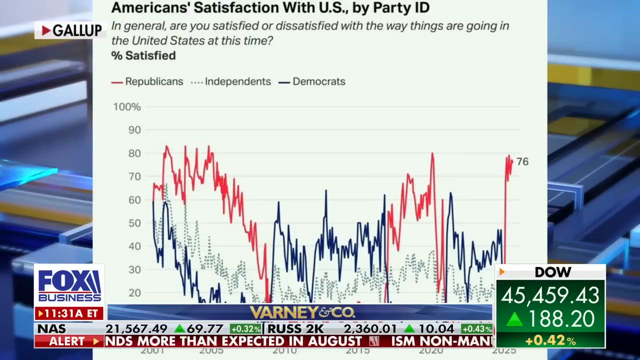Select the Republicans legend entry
(x=148, y=81)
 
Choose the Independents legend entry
(x=231, y=81)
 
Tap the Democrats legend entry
(x=312, y=81)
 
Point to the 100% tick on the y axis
(x=127, y=107)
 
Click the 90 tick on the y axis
(x=134, y=130)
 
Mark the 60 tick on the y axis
(x=134, y=200)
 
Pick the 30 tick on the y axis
(x=134, y=269)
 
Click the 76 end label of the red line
(x=522, y=161)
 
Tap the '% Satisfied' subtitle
(x=143, y=55)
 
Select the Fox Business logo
(x=69, y=286)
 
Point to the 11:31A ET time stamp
(x=69, y=313)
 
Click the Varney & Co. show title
(x=302, y=313)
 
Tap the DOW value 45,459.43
(x=549, y=295)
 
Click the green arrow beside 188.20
(x=514, y=319)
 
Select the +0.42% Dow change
(x=550, y=341)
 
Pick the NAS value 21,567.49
(x=136, y=329)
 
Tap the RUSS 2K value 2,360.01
(x=370, y=329)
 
